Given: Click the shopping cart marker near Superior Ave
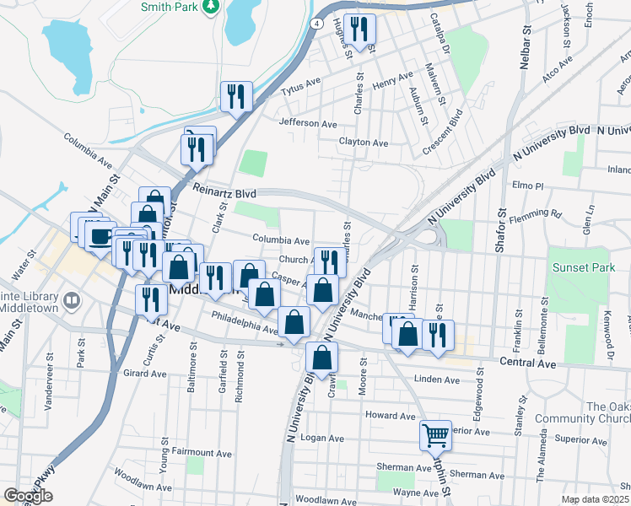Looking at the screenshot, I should coord(435,435).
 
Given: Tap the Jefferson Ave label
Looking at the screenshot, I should coord(308,123).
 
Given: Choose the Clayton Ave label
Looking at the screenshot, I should coord(364,143).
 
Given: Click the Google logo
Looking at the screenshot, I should coord(28,495).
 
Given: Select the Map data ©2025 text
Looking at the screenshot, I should coord(594,499).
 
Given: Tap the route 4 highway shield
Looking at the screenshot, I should coord(315,24).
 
